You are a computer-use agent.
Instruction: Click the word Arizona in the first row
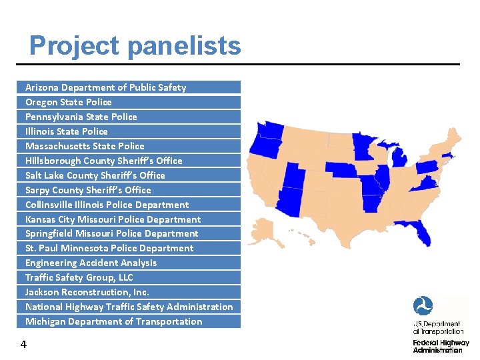tap(41, 87)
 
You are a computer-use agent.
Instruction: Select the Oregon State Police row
tap(69, 102)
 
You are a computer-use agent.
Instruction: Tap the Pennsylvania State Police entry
tap(81, 117)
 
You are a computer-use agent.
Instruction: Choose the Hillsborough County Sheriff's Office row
tap(103, 161)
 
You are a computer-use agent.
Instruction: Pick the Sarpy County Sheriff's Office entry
tap(88, 190)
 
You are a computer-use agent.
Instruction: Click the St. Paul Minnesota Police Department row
tap(109, 248)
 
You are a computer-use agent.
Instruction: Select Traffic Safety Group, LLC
tap(79, 277)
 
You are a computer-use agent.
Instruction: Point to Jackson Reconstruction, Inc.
tap(87, 292)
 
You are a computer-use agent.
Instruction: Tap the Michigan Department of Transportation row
tap(113, 321)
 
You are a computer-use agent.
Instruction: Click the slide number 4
tap(23, 345)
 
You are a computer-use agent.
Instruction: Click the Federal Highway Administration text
tap(441, 346)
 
